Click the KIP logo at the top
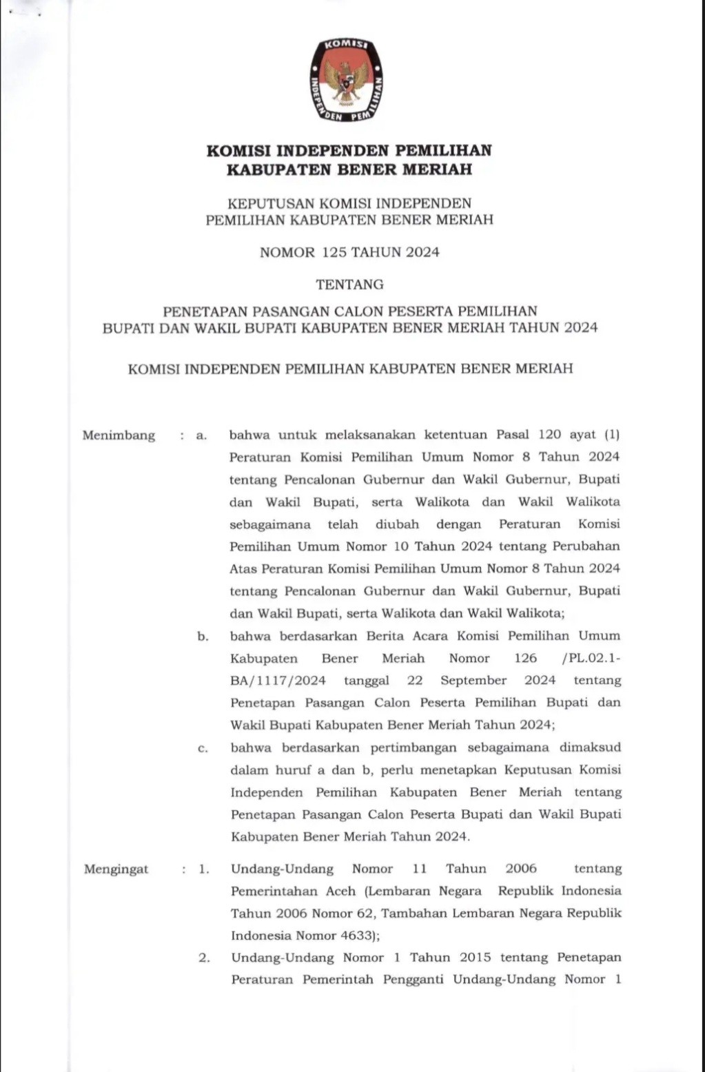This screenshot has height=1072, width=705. click(x=347, y=81)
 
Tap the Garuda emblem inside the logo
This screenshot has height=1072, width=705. click(x=347, y=82)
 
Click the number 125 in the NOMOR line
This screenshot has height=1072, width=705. click(x=334, y=253)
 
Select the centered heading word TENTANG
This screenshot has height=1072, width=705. click(x=349, y=285)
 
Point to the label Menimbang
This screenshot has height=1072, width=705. click(x=119, y=435)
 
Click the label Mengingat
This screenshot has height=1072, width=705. click(x=116, y=869)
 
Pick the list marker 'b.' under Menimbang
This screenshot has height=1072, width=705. click(x=203, y=637)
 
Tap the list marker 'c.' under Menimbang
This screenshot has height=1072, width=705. click(x=203, y=748)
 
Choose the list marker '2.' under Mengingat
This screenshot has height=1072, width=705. click(x=204, y=958)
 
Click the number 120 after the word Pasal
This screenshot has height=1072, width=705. click(x=549, y=435)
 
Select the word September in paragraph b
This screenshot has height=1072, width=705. click(x=473, y=681)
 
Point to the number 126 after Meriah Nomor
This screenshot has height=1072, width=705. click(x=525, y=659)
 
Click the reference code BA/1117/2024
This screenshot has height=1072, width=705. click(x=278, y=681)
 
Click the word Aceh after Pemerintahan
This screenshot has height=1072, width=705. click(x=341, y=891)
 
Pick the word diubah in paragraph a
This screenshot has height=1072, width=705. click(x=397, y=524)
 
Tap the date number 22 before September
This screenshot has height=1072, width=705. click(x=415, y=681)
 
